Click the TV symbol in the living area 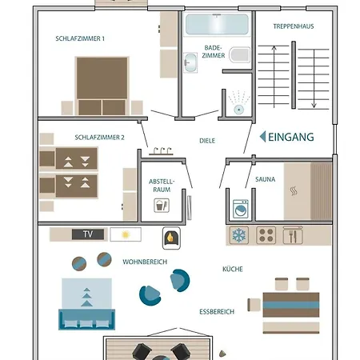pos(88,234)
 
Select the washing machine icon pos(241,209)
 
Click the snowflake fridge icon pos(239,235)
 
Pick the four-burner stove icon pos(266,235)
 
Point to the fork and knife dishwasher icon pos(293,235)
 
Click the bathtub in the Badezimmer pos(217,24)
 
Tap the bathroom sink pos(190,62)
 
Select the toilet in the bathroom pos(240,54)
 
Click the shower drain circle pos(238,110)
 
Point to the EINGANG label pos(291,137)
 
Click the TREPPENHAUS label pos(294,26)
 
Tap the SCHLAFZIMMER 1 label pos(80,38)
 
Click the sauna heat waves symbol pos(294,191)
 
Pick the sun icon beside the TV pos(126,234)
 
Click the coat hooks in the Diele pos(161,151)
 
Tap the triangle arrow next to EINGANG pos(262,137)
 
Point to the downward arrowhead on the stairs pos(314,106)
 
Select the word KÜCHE pos(233,269)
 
